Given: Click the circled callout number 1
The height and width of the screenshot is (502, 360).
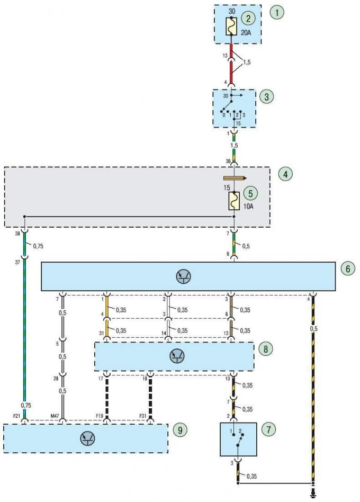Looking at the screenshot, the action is (276, 13).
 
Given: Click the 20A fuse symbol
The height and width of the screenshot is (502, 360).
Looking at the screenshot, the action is (231, 26).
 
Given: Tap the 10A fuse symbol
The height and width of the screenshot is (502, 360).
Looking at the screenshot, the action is (234, 201).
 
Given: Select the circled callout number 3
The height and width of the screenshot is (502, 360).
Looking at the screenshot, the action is (267, 97).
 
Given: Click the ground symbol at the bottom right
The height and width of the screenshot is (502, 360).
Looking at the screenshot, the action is (313, 496).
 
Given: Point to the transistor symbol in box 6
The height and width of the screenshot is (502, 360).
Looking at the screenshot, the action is (184, 276).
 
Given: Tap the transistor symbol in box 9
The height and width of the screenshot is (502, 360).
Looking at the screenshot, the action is (88, 438).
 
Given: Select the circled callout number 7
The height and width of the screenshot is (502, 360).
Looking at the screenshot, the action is (268, 429).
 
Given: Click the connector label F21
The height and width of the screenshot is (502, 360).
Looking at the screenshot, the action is (16, 416).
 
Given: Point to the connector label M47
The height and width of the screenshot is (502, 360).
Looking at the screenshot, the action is (55, 416).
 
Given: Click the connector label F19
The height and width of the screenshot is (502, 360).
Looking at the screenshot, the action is (99, 416).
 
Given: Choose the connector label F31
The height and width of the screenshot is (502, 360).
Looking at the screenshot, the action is (143, 416).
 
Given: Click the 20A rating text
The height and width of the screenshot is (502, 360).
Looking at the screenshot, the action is (246, 32).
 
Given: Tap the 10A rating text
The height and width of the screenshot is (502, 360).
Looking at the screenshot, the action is (248, 207).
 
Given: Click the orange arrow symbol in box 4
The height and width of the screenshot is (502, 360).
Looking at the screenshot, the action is (235, 178).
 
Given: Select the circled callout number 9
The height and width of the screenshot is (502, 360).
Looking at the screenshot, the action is (180, 430).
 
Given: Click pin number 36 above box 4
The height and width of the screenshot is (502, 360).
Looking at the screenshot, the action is (228, 162).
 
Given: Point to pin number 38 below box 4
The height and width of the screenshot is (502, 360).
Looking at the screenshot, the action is (17, 234).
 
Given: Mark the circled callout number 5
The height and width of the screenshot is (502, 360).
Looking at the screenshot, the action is (250, 193).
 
